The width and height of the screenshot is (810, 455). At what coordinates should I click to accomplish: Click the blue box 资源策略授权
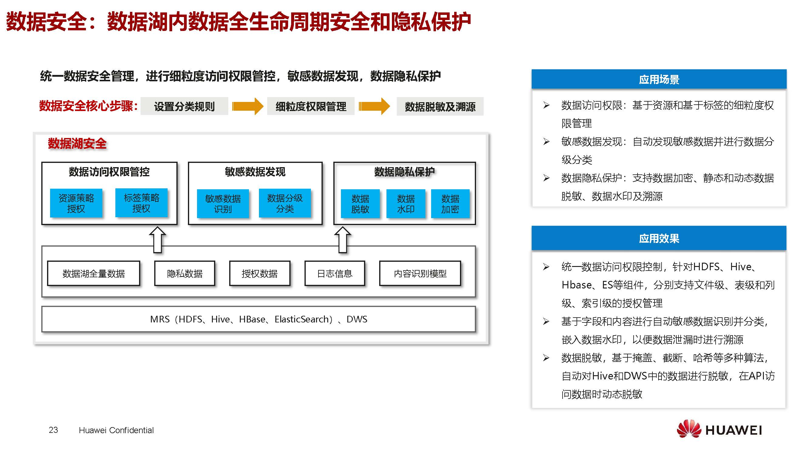pos(76,203)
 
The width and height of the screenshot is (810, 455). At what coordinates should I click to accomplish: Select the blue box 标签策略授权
pos(141,203)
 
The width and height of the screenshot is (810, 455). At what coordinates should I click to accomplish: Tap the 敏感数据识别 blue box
pos(223,203)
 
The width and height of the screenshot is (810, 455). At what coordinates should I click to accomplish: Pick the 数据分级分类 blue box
pos(284,203)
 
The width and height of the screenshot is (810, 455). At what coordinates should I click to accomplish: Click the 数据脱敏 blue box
pos(360,204)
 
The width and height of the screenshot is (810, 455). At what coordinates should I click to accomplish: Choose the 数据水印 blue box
pos(406,204)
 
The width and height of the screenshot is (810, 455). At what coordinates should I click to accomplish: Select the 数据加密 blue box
pos(450,204)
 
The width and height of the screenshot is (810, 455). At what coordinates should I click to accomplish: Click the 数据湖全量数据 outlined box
pos(94,273)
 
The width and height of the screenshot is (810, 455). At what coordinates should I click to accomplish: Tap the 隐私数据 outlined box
pos(185,273)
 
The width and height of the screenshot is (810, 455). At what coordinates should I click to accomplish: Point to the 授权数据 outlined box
pos(259,273)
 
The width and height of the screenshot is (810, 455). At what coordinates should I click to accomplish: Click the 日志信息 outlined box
pos(335,273)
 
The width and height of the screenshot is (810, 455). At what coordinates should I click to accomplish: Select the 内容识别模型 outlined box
pos(420,273)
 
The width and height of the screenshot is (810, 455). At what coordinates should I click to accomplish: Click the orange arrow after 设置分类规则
pos(247,106)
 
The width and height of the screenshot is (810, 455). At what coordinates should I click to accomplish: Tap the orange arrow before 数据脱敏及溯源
pos(374,106)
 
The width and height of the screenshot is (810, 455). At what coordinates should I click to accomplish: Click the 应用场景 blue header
pos(659,79)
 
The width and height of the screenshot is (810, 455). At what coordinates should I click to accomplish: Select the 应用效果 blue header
pos(659,238)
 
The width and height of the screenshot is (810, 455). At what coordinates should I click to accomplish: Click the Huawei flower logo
pos(689,429)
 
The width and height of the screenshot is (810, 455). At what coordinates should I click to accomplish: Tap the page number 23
pos(53,430)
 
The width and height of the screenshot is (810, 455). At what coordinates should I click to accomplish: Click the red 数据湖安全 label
pos(77,143)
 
